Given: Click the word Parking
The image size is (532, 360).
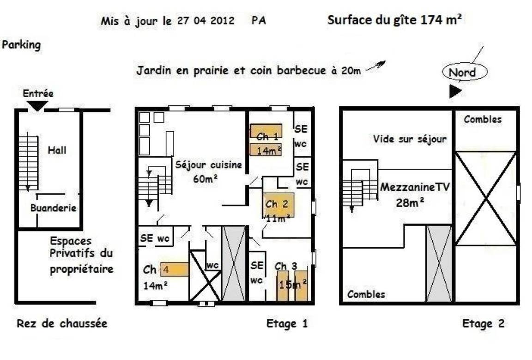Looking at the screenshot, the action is pos(21,45).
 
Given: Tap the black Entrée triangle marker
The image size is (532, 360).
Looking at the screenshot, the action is pos(37,106).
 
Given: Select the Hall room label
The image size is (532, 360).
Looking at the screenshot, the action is pos(57,150).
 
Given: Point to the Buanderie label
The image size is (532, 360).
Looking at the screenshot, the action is pos(53,208).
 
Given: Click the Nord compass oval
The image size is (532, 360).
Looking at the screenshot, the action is pos(465,72).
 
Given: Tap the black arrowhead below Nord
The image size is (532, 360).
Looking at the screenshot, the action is pos(455,91).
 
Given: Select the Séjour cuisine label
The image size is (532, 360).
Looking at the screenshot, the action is pos(209,165).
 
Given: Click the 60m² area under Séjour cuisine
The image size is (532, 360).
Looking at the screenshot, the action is pos(205,178).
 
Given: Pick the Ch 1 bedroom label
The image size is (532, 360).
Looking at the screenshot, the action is pos(267,136).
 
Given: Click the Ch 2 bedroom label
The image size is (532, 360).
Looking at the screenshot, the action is pos(277,204).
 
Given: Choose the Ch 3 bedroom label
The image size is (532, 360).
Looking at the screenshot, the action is pos(286,266).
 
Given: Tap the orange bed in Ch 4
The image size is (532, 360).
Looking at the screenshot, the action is pos(175,269).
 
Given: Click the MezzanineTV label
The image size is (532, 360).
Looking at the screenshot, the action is pos(415,187).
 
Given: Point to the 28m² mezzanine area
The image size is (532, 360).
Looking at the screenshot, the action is pos(410,203).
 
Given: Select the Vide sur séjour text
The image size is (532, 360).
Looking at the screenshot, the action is pos(410,139).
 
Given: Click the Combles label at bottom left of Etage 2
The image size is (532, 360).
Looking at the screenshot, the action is pos(366,294).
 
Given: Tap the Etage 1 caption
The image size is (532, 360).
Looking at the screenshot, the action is pos(287,323).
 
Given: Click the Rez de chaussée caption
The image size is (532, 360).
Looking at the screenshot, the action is pos(62,323).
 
